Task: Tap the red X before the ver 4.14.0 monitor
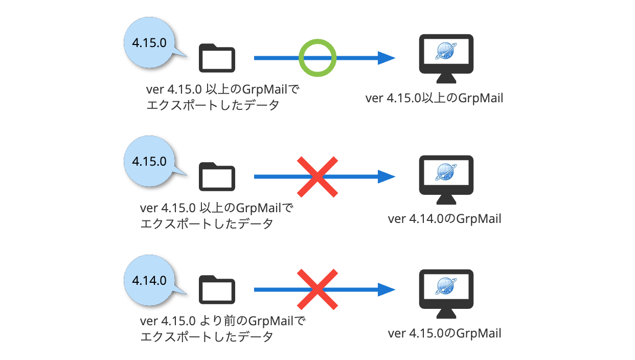[x=318, y=176]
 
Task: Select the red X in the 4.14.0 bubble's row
[x=318, y=289]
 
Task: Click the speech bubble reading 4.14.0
[x=149, y=280]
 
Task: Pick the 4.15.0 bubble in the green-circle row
[x=149, y=42]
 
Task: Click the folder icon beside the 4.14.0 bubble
[x=217, y=289]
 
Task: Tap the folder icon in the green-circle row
[x=217, y=58]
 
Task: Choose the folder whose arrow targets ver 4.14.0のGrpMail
[x=217, y=176]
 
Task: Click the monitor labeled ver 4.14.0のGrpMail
[x=446, y=179]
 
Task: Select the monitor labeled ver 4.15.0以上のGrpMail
[x=446, y=59]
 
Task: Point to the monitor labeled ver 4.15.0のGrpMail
[x=446, y=294]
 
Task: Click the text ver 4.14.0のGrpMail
[x=444, y=219]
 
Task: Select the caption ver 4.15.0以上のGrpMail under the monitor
[x=434, y=98]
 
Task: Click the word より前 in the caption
[x=219, y=321]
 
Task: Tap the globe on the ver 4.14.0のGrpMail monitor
[x=446, y=172]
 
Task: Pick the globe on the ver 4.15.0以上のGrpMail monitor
[x=446, y=51]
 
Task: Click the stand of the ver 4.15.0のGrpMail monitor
[x=446, y=313]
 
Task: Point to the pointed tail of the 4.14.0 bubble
[x=187, y=294]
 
